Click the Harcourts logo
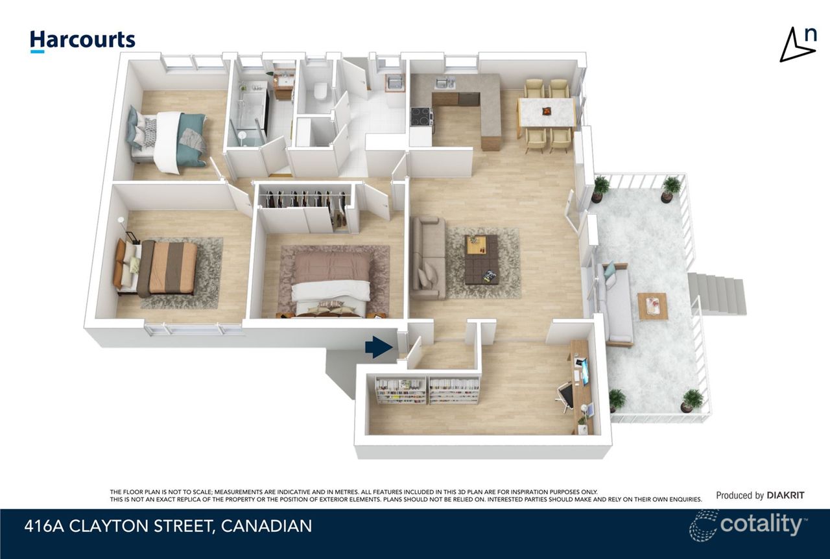82,40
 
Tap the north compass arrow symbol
797,45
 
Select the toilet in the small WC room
320,91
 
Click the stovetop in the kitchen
422,116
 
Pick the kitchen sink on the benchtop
444,83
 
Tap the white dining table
547,112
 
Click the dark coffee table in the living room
482,259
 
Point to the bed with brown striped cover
159,267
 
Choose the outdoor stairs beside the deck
716,294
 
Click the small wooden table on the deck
653,306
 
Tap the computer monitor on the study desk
586,371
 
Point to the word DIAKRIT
785,495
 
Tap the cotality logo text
761,524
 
